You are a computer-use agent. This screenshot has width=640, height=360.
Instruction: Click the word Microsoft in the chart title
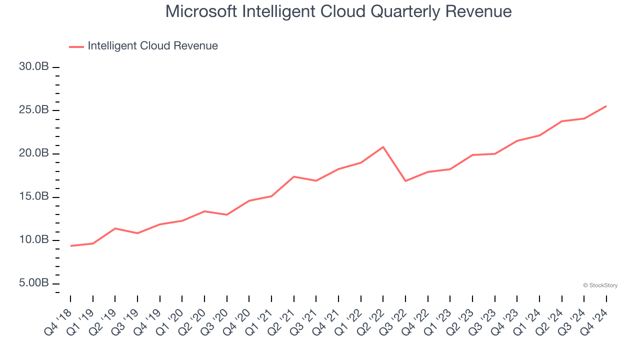coord(201,11)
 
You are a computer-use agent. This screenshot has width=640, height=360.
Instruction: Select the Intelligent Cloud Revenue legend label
coord(152,46)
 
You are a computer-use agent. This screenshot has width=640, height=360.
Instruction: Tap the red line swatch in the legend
coord(76,46)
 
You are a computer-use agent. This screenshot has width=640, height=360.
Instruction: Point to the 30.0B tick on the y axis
coord(33,67)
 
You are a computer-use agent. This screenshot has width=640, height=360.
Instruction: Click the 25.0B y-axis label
coord(33,110)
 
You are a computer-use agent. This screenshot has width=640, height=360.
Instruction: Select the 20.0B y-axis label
coord(33,153)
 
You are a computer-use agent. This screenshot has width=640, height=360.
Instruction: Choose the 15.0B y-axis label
coord(33,197)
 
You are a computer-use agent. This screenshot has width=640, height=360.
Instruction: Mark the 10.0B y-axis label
coord(33,240)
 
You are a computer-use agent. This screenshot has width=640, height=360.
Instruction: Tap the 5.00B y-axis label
coord(33,283)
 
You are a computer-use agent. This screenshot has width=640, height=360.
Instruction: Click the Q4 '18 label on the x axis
coord(59,319)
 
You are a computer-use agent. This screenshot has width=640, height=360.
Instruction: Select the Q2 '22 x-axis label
coord(372,319)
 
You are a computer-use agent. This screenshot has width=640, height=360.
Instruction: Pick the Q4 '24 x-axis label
coord(595,319)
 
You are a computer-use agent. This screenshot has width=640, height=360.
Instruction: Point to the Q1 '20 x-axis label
coord(171,319)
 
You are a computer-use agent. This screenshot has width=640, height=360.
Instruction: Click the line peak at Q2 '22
coord(383,147)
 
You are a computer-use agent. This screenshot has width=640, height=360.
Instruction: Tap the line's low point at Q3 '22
coord(405,181)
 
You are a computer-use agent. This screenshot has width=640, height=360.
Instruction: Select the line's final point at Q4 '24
coord(606,106)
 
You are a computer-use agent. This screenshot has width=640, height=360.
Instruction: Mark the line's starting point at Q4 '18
coord(70,246)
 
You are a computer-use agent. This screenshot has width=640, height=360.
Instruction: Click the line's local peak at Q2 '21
coord(293,176)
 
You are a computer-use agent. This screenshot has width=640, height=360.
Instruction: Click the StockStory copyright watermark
coord(600,285)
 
